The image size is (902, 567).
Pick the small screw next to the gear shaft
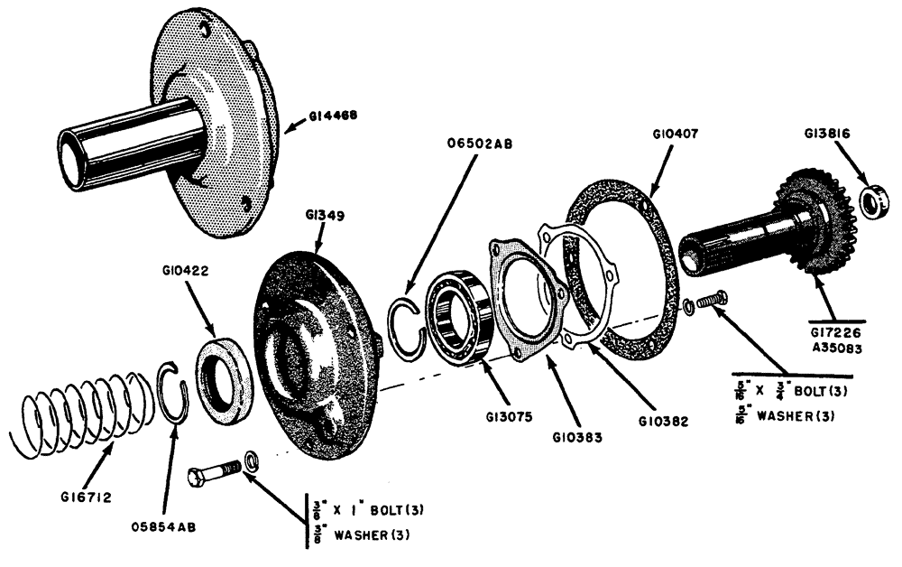713,299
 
